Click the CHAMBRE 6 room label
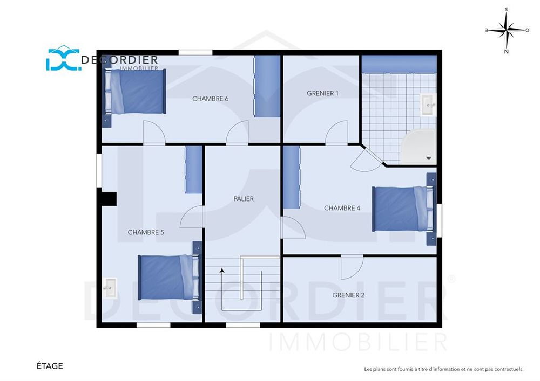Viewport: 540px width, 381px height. pyautogui.click(x=210, y=99)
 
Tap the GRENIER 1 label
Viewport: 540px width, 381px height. pyautogui.click(x=323, y=93)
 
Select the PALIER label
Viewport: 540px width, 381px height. pyautogui.click(x=244, y=198)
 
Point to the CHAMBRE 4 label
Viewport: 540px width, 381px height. pyautogui.click(x=342, y=208)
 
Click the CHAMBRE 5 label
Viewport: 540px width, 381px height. pyautogui.click(x=146, y=232)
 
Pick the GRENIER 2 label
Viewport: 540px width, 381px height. pyautogui.click(x=348, y=295)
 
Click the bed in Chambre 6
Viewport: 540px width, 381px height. pyautogui.click(x=136, y=92)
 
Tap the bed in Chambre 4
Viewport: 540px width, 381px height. pyautogui.click(x=402, y=209)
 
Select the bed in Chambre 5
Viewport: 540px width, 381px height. pyautogui.click(x=168, y=277)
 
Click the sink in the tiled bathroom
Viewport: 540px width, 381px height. pyautogui.click(x=428, y=105)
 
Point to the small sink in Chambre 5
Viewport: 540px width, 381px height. pyautogui.click(x=110, y=288)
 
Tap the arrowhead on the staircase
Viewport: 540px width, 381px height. pyautogui.click(x=222, y=271)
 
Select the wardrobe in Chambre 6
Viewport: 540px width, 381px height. pyautogui.click(x=267, y=86)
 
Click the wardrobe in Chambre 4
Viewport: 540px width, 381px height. pyautogui.click(x=292, y=177)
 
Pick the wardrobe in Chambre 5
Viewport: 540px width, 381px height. pyautogui.click(x=193, y=169)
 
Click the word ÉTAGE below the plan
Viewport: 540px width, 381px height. pyautogui.click(x=50, y=366)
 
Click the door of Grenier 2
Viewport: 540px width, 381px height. pyautogui.click(x=352, y=267)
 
